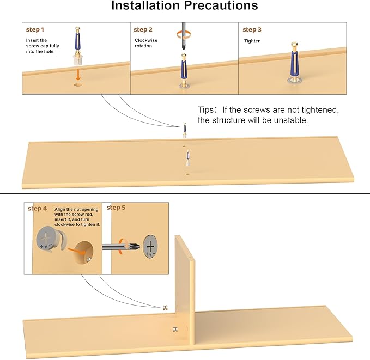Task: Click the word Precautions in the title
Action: click(221, 5)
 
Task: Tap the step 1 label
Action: click(35, 30)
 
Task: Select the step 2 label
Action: click(143, 30)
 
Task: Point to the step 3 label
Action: click(252, 30)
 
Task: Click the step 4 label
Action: click(37, 208)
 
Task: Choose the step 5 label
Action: click(116, 208)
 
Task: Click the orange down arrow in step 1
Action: click(78, 75)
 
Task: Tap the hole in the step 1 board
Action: click(78, 85)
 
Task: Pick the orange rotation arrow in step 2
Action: click(184, 35)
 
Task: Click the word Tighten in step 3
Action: click(252, 41)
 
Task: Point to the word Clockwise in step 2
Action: click(146, 40)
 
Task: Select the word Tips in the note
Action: click(205, 109)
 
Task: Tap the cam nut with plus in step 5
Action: click(150, 246)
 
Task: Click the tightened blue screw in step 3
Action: click(294, 63)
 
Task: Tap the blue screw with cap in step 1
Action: click(77, 46)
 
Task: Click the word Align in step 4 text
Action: click(60, 210)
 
